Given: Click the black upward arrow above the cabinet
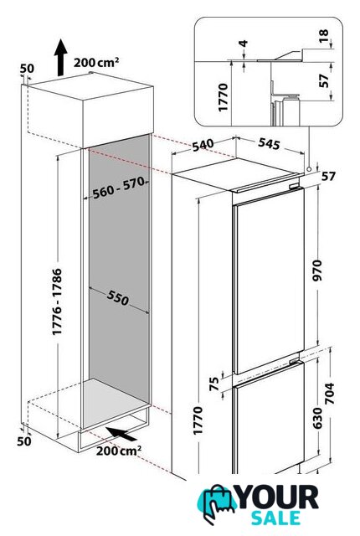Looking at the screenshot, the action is pyautogui.click(x=60, y=57).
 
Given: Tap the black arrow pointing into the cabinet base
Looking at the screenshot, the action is pyautogui.click(x=121, y=434).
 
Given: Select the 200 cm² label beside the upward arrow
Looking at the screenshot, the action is pyautogui.click(x=96, y=62).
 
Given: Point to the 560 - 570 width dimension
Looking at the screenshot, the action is pyautogui.click(x=119, y=188).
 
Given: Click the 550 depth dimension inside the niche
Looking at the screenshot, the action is pyautogui.click(x=118, y=297).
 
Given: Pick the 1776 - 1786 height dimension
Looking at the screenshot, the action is pyautogui.click(x=57, y=301).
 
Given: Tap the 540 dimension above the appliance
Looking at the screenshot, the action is pyautogui.click(x=203, y=145).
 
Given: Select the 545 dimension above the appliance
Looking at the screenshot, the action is pyautogui.click(x=269, y=143).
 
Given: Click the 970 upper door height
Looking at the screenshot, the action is pyautogui.click(x=317, y=271).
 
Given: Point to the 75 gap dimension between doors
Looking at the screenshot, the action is pyautogui.click(x=214, y=384).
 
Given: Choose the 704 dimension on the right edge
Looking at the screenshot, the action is pyautogui.click(x=330, y=394).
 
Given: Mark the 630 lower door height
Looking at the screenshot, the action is pyautogui.click(x=317, y=418).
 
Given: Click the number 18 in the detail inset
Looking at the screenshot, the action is pyautogui.click(x=323, y=35).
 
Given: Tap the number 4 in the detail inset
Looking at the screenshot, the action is pyautogui.click(x=244, y=44).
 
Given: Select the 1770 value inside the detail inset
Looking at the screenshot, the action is pyautogui.click(x=223, y=97).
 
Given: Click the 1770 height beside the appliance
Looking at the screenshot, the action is pyautogui.click(x=198, y=420).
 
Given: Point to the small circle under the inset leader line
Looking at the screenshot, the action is pyautogui.click(x=309, y=169).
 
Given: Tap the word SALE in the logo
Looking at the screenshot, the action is pyautogui.click(x=276, y=518).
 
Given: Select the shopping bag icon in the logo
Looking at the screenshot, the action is pyautogui.click(x=217, y=503).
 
